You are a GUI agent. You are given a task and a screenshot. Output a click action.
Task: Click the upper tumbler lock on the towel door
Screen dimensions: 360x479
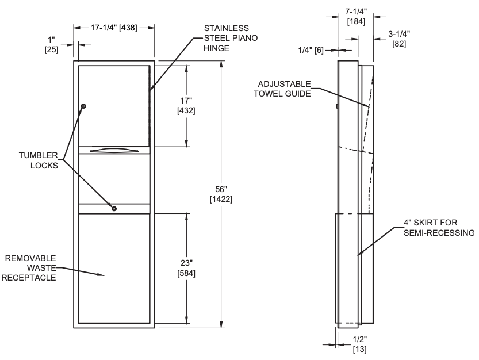pos(83,106)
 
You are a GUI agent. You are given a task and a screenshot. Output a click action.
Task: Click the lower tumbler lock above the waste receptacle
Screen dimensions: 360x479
pos(114,208)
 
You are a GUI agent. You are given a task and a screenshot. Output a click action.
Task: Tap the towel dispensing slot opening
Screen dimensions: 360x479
pos(114,151)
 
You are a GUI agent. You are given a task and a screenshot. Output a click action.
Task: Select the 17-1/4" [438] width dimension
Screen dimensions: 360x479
pos(114,27)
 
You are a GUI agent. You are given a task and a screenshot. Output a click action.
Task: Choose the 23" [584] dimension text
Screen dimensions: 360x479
pos(186,268)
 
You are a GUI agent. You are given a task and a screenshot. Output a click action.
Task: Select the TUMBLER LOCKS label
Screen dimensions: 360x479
pos(38,160)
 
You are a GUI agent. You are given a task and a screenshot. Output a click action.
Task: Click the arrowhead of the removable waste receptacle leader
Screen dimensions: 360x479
pos(104,275)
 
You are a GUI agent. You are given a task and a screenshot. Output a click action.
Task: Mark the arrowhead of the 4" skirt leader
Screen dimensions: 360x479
pos(359,253)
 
